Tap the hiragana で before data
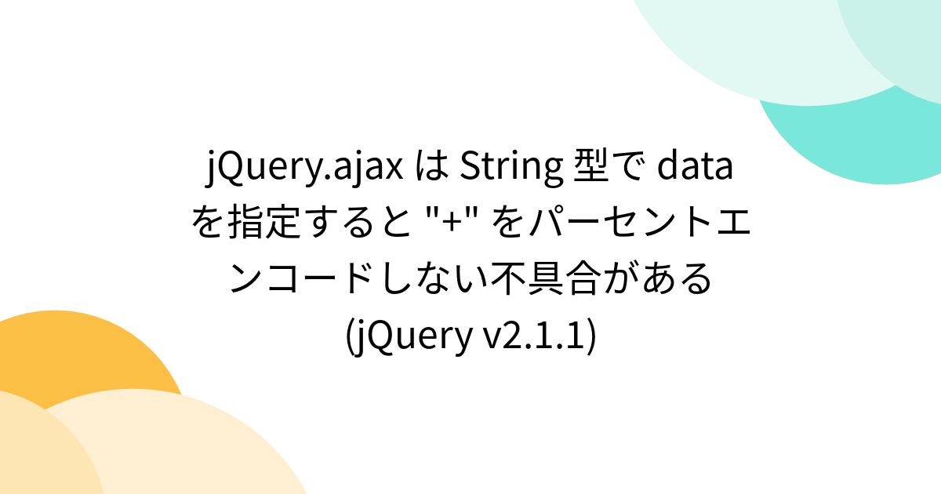pyautogui.click(x=626, y=167)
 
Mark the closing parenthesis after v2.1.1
pyautogui.click(x=590, y=336)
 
